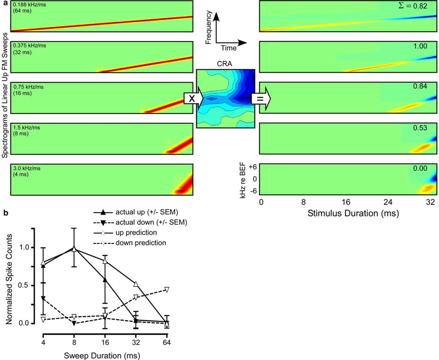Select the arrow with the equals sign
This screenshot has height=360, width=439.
pos(261,99)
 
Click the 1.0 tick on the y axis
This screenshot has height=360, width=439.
pos(29,247)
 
